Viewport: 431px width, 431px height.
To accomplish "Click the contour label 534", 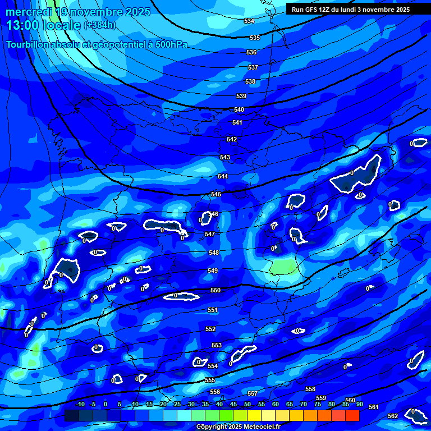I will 249,21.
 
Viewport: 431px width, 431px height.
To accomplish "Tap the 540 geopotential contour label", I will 239,109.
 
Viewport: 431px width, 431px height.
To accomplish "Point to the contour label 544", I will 223,176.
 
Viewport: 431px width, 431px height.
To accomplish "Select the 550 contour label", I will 215,290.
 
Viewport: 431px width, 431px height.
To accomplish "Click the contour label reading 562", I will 393,416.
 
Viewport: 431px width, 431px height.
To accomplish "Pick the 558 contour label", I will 310,389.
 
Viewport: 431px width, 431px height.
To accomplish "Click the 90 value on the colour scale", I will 359,404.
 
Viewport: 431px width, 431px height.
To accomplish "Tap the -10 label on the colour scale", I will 80,404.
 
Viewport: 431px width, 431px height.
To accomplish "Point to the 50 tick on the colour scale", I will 247,404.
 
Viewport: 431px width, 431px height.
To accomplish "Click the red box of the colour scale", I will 352,415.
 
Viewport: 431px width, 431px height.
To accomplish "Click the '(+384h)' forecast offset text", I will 99,25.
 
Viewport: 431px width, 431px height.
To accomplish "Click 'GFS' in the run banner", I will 313,10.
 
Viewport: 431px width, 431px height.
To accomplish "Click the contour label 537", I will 253,67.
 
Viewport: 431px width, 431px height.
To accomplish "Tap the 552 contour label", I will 210,329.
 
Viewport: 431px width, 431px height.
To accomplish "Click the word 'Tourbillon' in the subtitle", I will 28,45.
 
